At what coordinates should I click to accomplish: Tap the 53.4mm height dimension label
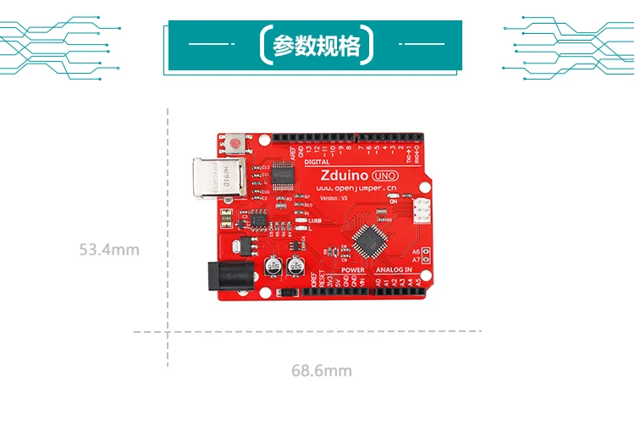tap(109, 250)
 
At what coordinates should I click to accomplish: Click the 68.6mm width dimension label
tap(322, 371)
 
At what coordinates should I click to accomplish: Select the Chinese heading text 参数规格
tap(316, 46)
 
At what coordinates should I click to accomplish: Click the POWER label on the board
tap(353, 270)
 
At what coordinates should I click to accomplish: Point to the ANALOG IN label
tap(394, 270)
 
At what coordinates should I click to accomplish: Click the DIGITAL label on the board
tap(317, 161)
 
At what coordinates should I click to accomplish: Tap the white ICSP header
tap(421, 207)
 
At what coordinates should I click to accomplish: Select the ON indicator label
tap(393, 202)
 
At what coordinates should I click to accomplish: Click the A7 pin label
tap(416, 260)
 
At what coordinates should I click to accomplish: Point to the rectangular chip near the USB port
tap(284, 175)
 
